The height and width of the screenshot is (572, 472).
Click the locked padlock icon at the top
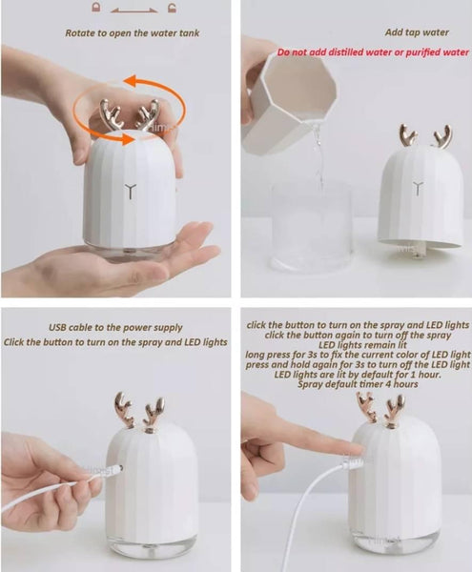pos(96,8)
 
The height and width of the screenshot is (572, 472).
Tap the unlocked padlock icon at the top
pos(173,8)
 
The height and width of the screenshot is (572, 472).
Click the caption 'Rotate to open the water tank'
pos(133,33)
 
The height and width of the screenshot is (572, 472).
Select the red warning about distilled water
pos(373,52)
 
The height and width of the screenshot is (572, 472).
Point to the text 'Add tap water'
pos(417,32)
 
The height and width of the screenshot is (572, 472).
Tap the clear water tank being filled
pos(311,230)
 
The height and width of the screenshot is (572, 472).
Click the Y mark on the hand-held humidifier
pos(131,192)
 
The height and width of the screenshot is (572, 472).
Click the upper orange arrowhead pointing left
pos(132,81)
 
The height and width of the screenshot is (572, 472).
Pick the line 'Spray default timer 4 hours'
pos(358,384)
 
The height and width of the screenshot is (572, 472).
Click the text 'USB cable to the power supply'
pos(115,328)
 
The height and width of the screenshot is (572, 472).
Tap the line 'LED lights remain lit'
pos(362,345)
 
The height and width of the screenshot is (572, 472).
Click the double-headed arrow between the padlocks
pos(134,10)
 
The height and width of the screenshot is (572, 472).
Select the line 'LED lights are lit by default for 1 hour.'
pos(358,375)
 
